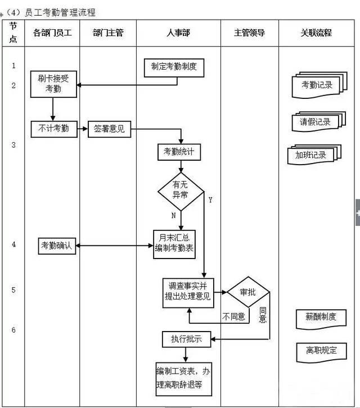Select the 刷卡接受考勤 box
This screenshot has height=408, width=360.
pyautogui.click(x=53, y=84)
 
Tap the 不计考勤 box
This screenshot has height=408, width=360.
pyautogui.click(x=53, y=129)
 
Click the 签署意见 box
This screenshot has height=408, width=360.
pyautogui.click(x=110, y=129)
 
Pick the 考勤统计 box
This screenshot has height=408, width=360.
pyautogui.click(x=178, y=152)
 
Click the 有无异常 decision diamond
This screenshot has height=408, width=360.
pyautogui.click(x=180, y=190)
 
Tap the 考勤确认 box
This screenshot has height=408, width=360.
pyautogui.click(x=57, y=245)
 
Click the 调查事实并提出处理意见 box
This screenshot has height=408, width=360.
pyautogui.click(x=188, y=292)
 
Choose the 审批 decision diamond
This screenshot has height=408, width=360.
pyautogui.click(x=248, y=292)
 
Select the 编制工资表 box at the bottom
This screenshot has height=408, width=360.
pyautogui.click(x=183, y=378)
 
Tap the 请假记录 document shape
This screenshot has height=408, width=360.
pyautogui.click(x=315, y=122)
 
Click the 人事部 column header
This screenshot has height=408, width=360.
pyautogui.click(x=178, y=33)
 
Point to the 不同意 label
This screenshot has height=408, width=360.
pyautogui.click(x=233, y=317)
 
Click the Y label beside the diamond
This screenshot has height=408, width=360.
pyautogui.click(x=210, y=200)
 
